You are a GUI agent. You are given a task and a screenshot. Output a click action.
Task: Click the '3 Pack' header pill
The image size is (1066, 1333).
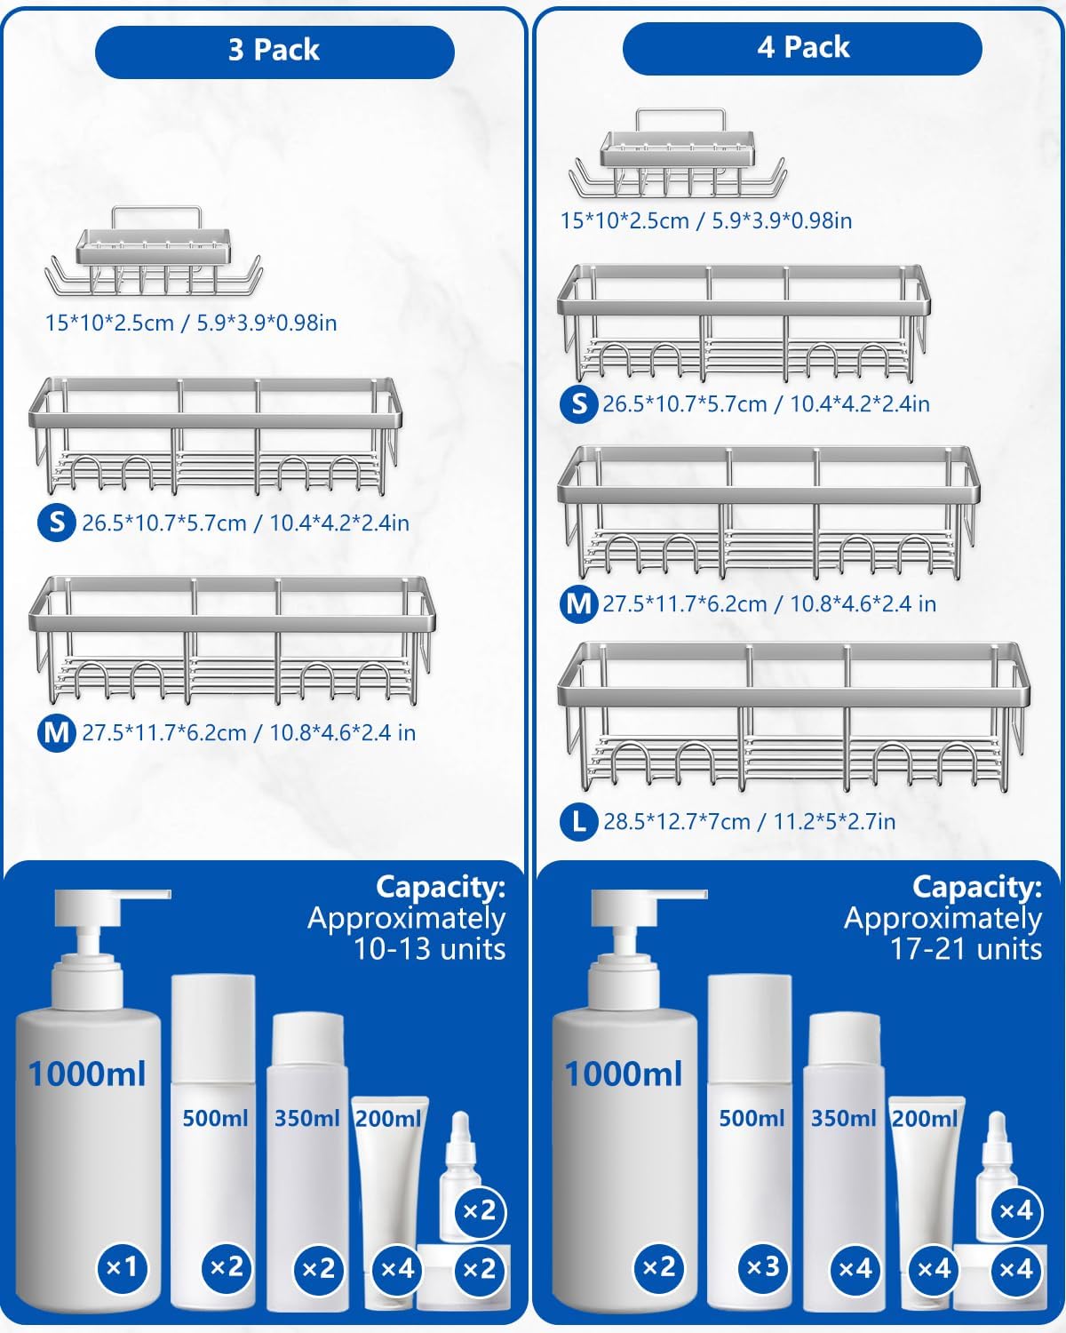tap(274, 51)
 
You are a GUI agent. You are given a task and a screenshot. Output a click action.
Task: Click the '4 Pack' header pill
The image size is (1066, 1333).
tap(802, 48)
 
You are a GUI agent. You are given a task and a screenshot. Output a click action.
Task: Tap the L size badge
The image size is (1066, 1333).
tap(578, 820)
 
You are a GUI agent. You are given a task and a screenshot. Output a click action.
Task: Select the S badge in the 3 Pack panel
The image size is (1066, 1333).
tap(56, 522)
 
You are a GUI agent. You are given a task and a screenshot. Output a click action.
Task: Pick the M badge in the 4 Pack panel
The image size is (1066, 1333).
tap(578, 603)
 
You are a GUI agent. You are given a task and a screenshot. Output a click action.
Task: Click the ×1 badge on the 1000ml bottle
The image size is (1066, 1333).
tap(121, 1266)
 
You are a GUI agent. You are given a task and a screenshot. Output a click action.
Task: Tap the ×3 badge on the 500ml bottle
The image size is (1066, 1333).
tap(763, 1266)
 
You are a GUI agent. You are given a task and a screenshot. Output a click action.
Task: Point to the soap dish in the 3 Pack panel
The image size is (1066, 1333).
tap(154, 254)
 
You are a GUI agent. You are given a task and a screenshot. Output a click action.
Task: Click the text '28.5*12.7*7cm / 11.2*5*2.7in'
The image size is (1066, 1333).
tap(749, 821)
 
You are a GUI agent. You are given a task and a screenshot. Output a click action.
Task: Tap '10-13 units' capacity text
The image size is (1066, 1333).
tap(430, 949)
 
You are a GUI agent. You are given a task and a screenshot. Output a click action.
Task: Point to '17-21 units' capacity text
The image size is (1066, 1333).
tap(967, 949)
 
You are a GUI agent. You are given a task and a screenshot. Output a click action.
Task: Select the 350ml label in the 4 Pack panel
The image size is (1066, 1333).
tap(843, 1118)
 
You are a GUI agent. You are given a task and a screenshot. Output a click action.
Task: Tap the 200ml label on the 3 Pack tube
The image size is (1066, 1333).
tap(388, 1118)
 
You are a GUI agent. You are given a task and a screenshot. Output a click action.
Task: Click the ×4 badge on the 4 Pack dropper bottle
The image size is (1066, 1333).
tap(1015, 1210)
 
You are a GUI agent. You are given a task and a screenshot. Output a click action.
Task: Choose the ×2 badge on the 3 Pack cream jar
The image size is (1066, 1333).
tap(480, 1269)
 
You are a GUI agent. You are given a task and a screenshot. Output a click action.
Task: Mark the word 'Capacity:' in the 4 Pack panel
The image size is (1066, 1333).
tap(977, 887)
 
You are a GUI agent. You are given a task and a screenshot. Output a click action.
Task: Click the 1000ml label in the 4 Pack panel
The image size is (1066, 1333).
tap(624, 1074)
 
